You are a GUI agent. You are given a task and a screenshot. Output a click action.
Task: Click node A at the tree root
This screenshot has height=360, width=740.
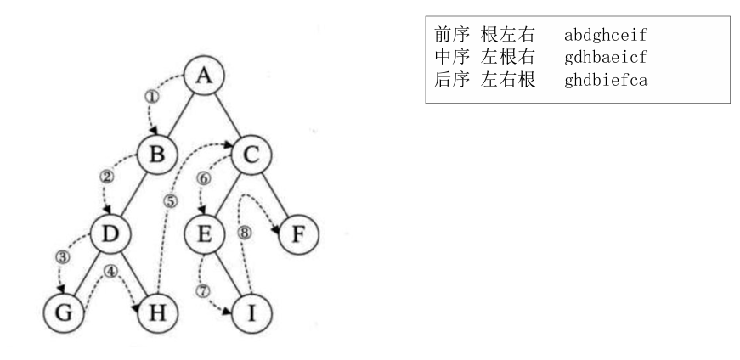(x=204, y=77)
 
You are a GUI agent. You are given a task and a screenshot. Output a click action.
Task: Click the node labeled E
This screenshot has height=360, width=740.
(x=203, y=233)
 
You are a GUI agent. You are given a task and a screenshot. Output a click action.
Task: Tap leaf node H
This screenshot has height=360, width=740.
(x=157, y=312)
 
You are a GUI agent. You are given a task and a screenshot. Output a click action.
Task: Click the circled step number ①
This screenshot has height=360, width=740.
(x=153, y=96)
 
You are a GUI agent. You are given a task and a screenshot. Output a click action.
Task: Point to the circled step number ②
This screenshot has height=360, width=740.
(x=107, y=177)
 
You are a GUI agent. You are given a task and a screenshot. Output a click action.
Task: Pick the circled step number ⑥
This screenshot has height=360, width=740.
(x=203, y=178)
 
